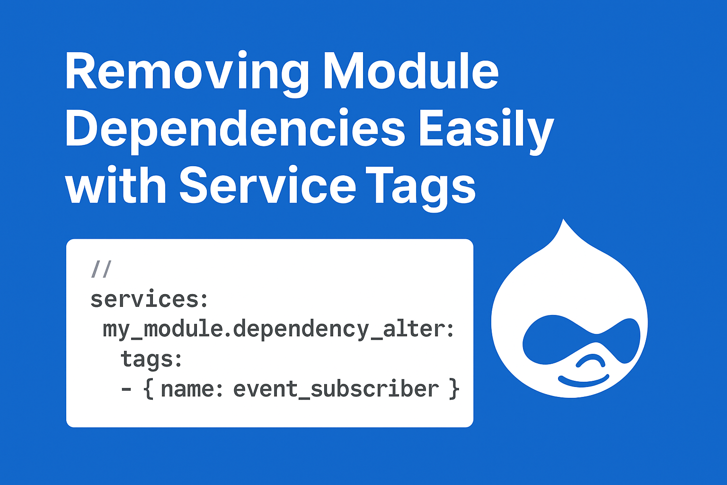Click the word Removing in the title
click(x=187, y=72)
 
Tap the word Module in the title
click(x=411, y=72)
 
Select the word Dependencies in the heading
click(x=235, y=129)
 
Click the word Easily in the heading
click(x=486, y=129)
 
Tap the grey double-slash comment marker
click(x=101, y=269)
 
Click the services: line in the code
click(x=149, y=299)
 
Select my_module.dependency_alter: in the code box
click(x=278, y=329)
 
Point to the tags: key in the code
click(x=151, y=359)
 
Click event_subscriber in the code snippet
click(x=336, y=389)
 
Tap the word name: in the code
click(x=192, y=389)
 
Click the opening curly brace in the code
click(x=149, y=389)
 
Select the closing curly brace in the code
click(x=453, y=389)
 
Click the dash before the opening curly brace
click(x=126, y=389)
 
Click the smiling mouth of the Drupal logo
click(x=583, y=381)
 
